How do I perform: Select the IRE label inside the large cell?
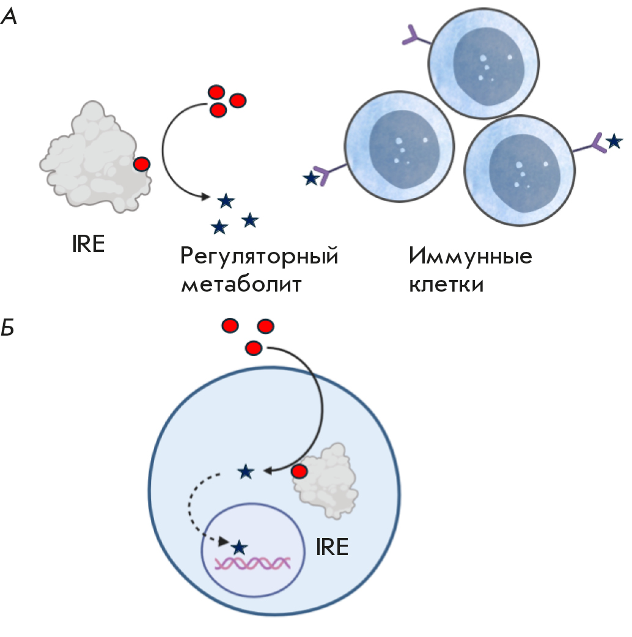tap(332, 546)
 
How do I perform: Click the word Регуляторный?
tap(260, 256)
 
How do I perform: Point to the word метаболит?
tap(241, 284)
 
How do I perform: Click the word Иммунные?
tap(471, 256)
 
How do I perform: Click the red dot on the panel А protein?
tap(142, 164)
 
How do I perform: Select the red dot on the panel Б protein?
tap(299, 472)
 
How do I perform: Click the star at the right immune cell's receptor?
tap(614, 142)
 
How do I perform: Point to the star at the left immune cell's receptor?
tap(311, 179)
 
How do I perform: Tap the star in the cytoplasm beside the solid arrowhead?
tap(246, 471)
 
